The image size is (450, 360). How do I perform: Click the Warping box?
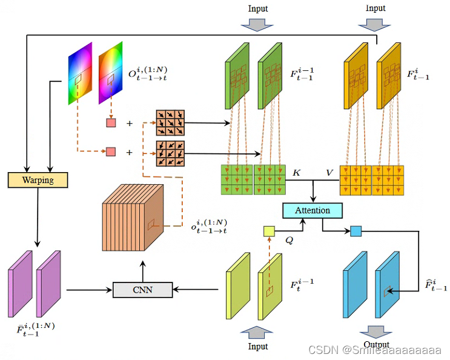click(x=38, y=180)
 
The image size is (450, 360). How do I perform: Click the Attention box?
click(x=313, y=210)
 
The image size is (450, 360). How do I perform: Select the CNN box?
click(x=142, y=290)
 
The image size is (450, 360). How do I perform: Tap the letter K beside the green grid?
click(x=297, y=173)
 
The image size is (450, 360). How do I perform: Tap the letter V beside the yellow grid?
click(x=329, y=173)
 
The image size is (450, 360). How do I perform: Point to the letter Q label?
click(x=289, y=240)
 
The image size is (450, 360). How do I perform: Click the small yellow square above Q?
click(x=269, y=231)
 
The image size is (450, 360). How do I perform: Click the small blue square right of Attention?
click(x=356, y=231)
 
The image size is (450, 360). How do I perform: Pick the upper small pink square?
click(x=111, y=123)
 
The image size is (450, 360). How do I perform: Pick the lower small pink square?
click(x=111, y=152)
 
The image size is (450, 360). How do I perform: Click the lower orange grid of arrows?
click(x=170, y=153)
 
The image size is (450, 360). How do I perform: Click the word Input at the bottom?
click(x=258, y=347)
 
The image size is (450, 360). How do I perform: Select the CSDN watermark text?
click(x=375, y=350)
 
